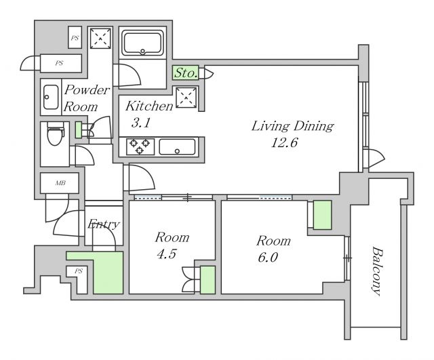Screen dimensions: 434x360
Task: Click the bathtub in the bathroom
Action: tap(142, 43)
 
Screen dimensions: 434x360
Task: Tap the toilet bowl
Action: tap(56, 134)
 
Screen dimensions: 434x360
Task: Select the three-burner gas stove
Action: tap(140, 146)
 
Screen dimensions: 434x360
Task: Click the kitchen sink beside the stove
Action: tap(177, 146)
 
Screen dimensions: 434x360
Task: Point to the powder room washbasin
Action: tap(51, 97)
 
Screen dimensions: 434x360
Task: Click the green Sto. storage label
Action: tap(186, 73)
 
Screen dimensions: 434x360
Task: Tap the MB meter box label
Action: tap(60, 183)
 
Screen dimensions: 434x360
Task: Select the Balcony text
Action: tap(377, 271)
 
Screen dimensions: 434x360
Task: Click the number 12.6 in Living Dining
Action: tap(284, 143)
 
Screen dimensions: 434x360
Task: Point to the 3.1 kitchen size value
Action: tap(141, 123)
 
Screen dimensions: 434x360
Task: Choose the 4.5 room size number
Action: tap(167, 254)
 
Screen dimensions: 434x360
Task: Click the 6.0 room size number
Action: tap(268, 258)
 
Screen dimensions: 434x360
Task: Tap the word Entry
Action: tap(104, 224)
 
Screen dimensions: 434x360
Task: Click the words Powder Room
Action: tap(87, 98)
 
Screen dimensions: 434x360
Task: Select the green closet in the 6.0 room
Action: tap(322, 215)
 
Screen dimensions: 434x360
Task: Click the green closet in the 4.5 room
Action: tap(208, 280)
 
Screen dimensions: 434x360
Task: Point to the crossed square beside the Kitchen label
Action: tap(186, 98)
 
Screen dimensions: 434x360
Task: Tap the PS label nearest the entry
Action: tap(79, 271)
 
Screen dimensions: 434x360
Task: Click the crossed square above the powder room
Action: tap(100, 38)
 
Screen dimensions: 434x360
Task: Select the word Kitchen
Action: tap(149, 106)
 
